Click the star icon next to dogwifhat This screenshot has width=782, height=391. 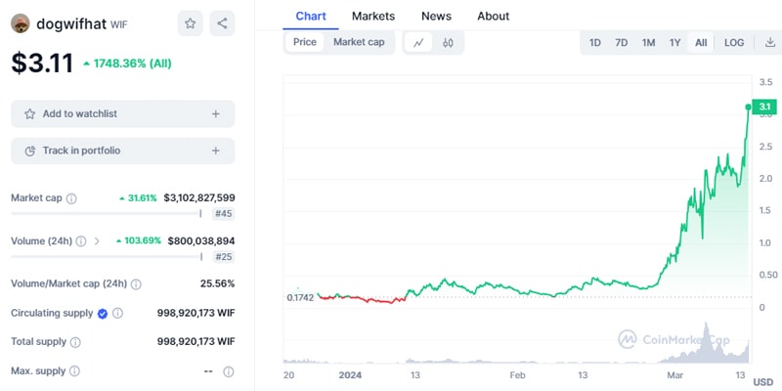[191, 23]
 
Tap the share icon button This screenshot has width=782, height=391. [222, 23]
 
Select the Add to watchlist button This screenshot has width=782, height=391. [122, 113]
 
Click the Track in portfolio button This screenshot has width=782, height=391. [122, 151]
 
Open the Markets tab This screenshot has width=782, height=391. [373, 16]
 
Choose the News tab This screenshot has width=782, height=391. [436, 16]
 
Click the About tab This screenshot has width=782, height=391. [493, 16]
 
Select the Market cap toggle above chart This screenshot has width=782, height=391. [359, 42]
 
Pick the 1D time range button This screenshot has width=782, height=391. [594, 43]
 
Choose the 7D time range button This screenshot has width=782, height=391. [622, 43]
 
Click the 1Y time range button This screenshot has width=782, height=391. [674, 43]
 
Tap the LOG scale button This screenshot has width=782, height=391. [734, 43]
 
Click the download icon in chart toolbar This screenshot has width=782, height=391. [769, 43]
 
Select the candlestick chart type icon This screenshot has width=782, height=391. [448, 43]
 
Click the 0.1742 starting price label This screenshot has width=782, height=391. [301, 296]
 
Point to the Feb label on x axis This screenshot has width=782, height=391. [517, 374]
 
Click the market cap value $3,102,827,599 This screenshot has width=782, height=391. [199, 197]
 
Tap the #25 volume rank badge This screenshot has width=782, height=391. [223, 256]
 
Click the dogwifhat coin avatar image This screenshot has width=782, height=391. [20, 23]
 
